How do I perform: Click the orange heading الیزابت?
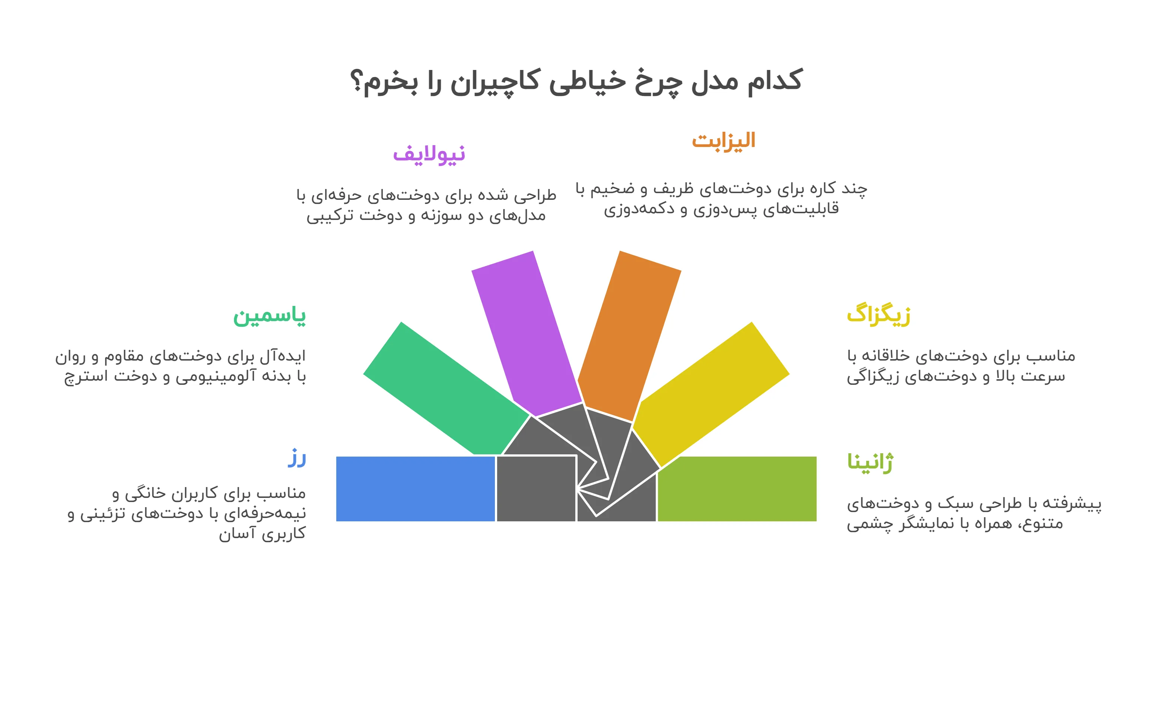coord(724,141)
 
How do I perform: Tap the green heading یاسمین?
coord(270,316)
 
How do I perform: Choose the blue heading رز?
coord(296,458)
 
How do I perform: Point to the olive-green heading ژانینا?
coord(870,463)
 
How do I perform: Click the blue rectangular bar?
coord(416,489)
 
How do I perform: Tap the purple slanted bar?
coord(526,333)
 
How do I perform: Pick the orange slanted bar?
coord(629,336)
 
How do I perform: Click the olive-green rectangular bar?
coord(737,489)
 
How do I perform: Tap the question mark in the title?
coord(356,80)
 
